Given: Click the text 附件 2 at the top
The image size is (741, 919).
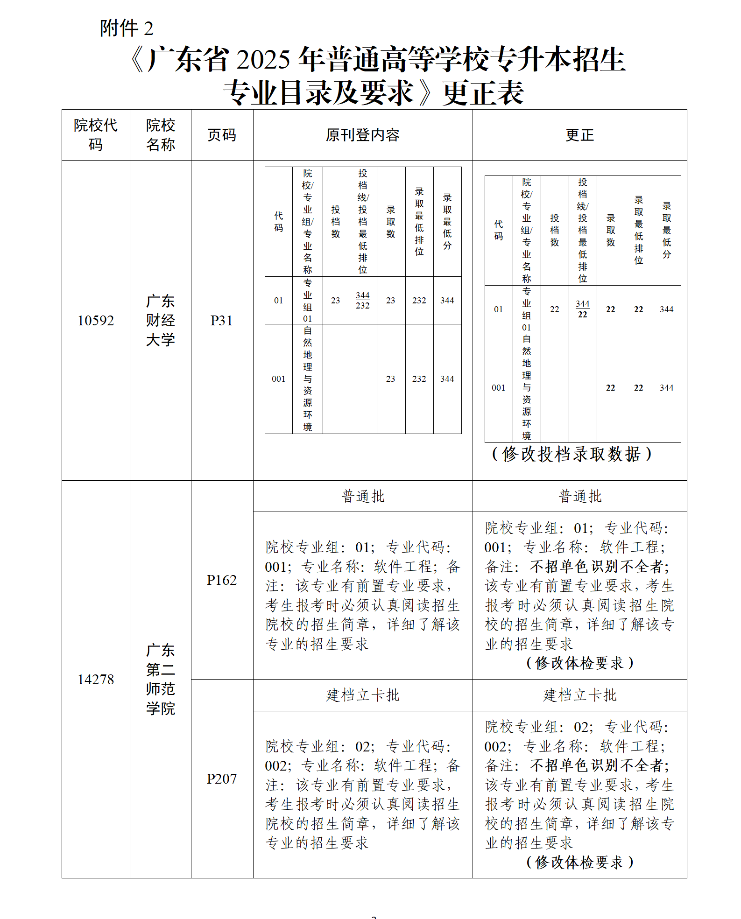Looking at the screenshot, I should coord(126,28).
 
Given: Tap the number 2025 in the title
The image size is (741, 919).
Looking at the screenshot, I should coord(263,60).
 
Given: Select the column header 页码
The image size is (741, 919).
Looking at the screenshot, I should coord(222,135).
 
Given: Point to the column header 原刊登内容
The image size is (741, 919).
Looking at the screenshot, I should coord(362,135).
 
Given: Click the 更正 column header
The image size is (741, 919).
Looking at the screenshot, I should coord(579,135).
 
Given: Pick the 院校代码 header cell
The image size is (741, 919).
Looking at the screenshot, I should coord(96,135).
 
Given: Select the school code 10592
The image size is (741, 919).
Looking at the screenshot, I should coord(96,321).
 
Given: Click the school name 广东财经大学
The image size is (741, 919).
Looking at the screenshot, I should coord(160,321).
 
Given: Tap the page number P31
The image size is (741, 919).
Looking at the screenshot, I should coord(222,321).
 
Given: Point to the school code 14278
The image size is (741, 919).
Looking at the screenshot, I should coord(96,680).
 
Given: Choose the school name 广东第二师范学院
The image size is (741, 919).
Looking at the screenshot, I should coord(160,680).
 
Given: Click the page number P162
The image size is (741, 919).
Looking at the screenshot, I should coord(222,580).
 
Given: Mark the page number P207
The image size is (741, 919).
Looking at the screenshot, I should coord(222,779).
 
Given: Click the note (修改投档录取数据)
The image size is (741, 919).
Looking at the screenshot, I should coord(572,454).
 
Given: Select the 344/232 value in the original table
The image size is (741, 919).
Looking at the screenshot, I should coord(363,301).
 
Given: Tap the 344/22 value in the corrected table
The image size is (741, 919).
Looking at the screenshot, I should coord(582,309).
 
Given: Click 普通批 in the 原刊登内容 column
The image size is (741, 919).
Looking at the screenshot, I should coord(363,497).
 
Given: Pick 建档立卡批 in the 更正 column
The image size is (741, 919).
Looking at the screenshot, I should coord(579,695).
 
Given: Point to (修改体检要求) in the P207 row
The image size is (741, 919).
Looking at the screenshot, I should coord(579,862).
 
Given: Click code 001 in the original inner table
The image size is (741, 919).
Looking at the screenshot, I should coord(278,379).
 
